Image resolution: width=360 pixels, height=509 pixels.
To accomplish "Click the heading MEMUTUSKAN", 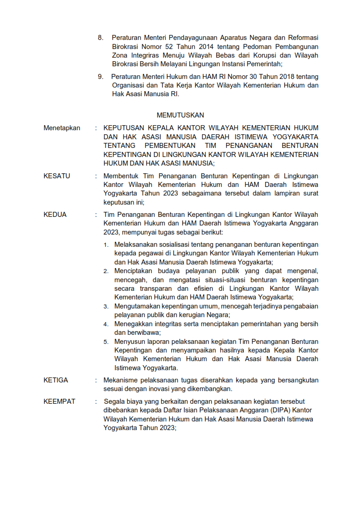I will point(180,115).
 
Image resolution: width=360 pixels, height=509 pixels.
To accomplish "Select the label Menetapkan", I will point(62,128).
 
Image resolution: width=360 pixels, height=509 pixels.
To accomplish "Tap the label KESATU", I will point(57,176).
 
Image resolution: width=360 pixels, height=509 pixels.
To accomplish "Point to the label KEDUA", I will point(55,215).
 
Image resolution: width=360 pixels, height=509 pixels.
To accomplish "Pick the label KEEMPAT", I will point(59,401).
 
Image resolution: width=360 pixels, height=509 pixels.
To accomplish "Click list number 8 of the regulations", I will point(100,37).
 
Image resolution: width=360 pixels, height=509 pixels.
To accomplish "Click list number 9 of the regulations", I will point(100,76).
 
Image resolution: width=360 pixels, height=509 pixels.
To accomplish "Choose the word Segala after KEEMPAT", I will point(114,401).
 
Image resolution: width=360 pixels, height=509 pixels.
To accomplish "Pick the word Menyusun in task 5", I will point(128,341).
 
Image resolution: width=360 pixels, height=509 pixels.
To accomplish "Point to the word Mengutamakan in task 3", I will point(136,306).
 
